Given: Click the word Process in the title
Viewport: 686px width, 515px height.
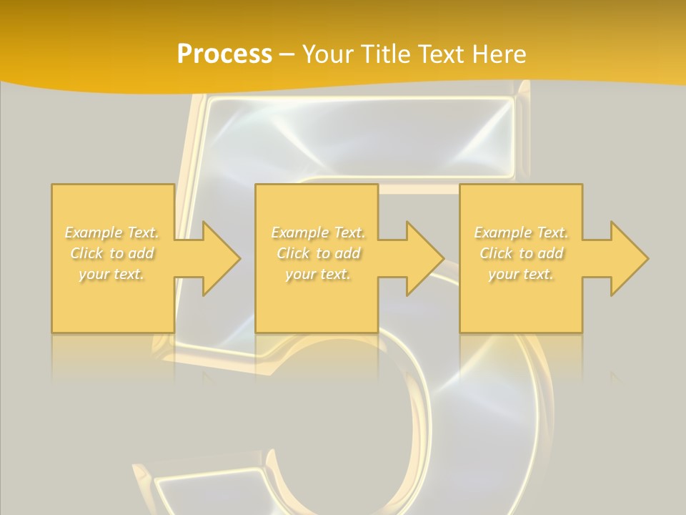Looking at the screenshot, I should tap(224, 54).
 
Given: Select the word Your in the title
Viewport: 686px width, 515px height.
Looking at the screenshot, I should tap(327, 54).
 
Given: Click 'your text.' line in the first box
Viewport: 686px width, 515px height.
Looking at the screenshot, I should tap(111, 274).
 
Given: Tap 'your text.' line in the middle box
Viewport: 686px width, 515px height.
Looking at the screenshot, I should tap(317, 274).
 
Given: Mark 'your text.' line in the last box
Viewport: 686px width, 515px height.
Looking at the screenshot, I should tap(520, 274).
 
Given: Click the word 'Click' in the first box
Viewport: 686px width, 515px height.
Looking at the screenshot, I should tap(86, 253).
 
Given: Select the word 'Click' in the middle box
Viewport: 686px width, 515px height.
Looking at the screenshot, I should tap(292, 253).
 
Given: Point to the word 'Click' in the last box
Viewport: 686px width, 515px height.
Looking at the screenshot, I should tap(495, 253).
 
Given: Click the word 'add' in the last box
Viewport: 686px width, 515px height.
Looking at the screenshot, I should tap(550, 253).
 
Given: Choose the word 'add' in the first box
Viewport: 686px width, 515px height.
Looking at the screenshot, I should tap(141, 253).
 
